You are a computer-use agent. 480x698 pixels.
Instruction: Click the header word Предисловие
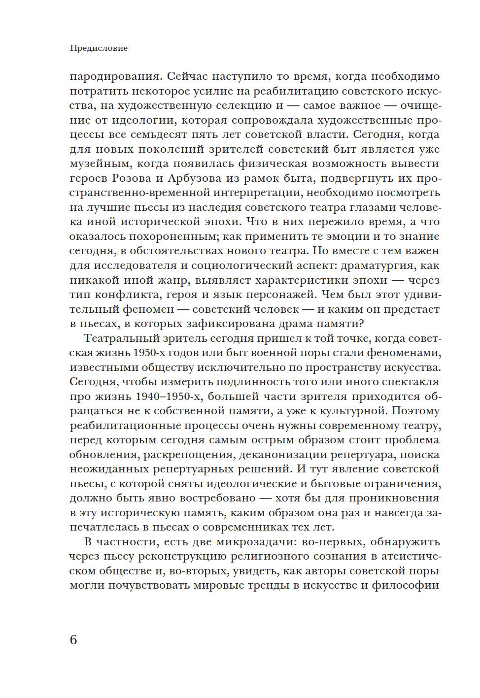tap(99, 48)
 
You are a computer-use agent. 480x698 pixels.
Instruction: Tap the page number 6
tap(73, 640)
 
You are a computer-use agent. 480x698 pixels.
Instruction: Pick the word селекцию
tap(245, 105)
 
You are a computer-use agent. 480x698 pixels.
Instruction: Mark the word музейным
tap(101, 164)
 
